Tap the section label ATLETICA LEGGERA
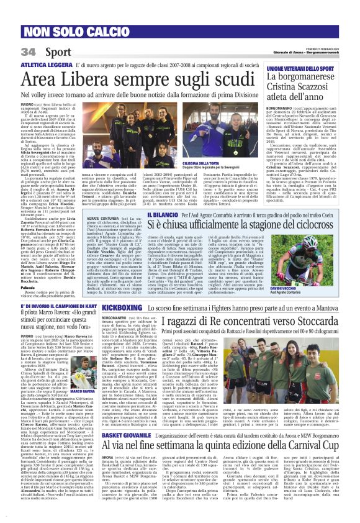45,65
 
